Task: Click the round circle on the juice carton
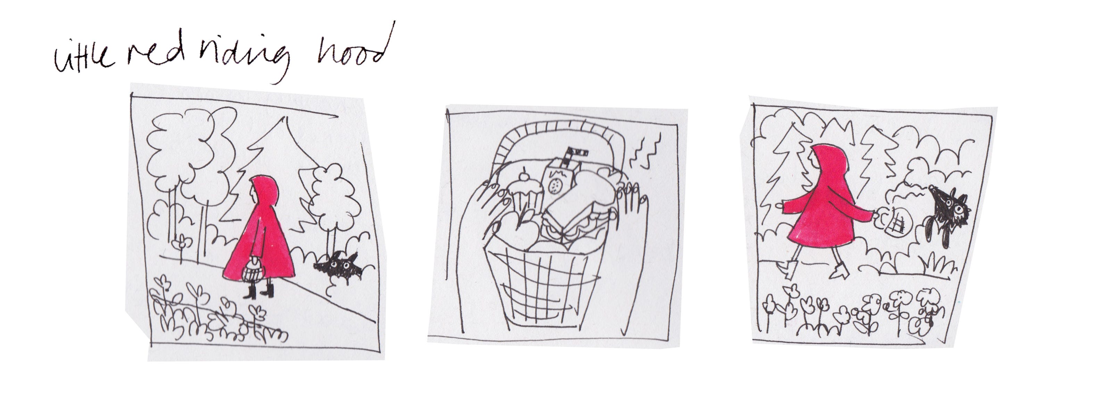click(x=554, y=186)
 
